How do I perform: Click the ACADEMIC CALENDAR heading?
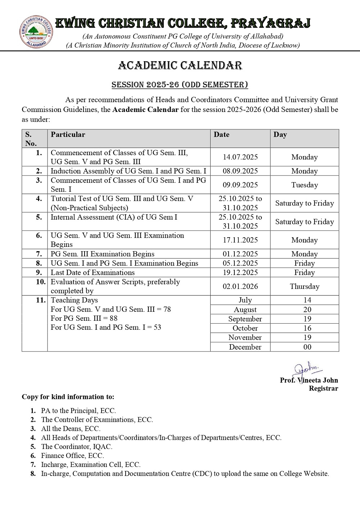tap(180, 66)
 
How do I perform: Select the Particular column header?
tap(68, 135)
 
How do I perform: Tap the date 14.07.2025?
tap(240, 157)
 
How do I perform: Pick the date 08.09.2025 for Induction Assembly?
tap(240, 171)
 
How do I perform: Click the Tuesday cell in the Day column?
tap(305, 185)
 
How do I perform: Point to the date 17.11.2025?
tap(240, 240)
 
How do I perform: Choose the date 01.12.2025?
tap(240, 254)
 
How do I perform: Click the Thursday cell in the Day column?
tap(305, 287)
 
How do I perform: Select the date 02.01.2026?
tap(240, 287)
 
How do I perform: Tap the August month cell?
tap(245, 310)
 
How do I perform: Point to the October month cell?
tap(245, 328)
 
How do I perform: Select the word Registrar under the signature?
tap(323, 388)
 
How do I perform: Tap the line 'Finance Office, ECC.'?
tap(72, 456)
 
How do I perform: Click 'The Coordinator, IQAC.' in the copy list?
tap(77, 447)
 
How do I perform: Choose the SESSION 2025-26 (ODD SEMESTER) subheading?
tap(180, 85)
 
